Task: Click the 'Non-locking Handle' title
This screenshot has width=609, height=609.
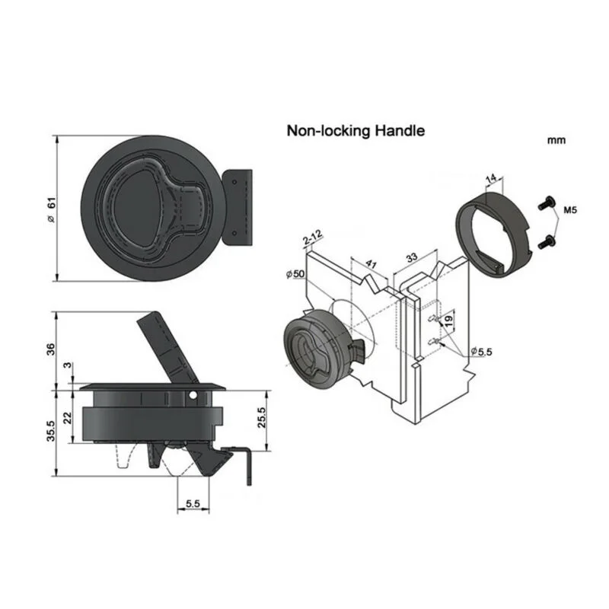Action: (356, 130)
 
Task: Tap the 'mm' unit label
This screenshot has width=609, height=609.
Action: (556, 140)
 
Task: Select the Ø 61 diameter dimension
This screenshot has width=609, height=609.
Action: (51, 210)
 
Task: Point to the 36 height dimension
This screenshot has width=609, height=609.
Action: (51, 349)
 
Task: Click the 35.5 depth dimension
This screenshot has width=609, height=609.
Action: (51, 431)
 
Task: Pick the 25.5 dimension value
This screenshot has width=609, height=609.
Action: (261, 417)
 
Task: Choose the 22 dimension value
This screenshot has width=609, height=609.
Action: (68, 418)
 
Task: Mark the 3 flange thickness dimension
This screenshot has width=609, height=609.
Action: (68, 365)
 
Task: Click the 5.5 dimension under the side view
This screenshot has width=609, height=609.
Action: (193, 504)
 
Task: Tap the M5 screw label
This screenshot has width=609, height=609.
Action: (570, 210)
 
